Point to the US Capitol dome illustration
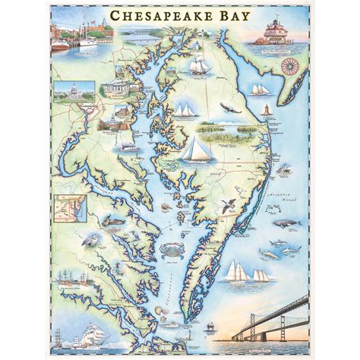click(x=82, y=90)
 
